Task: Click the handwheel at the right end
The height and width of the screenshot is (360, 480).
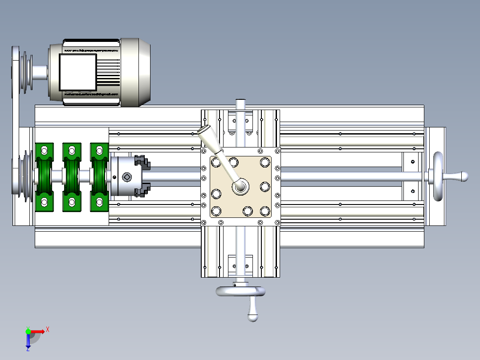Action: (439, 176)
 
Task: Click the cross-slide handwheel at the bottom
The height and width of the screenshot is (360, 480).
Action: (240, 291)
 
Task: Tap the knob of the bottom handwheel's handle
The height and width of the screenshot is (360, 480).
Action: (253, 317)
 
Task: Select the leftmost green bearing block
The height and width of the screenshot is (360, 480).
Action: (44, 177)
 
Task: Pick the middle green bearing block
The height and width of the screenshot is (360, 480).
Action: (72, 177)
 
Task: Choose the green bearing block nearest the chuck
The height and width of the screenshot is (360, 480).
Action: (99, 177)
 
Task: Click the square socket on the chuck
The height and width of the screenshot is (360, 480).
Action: (126, 177)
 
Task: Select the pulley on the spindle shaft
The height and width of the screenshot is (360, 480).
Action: (24, 177)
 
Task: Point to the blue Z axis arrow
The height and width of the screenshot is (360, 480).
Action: (28, 342)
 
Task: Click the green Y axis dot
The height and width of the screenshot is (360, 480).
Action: (28, 331)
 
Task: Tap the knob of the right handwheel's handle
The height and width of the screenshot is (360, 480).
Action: (464, 176)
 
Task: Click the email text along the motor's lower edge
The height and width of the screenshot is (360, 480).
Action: (91, 94)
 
